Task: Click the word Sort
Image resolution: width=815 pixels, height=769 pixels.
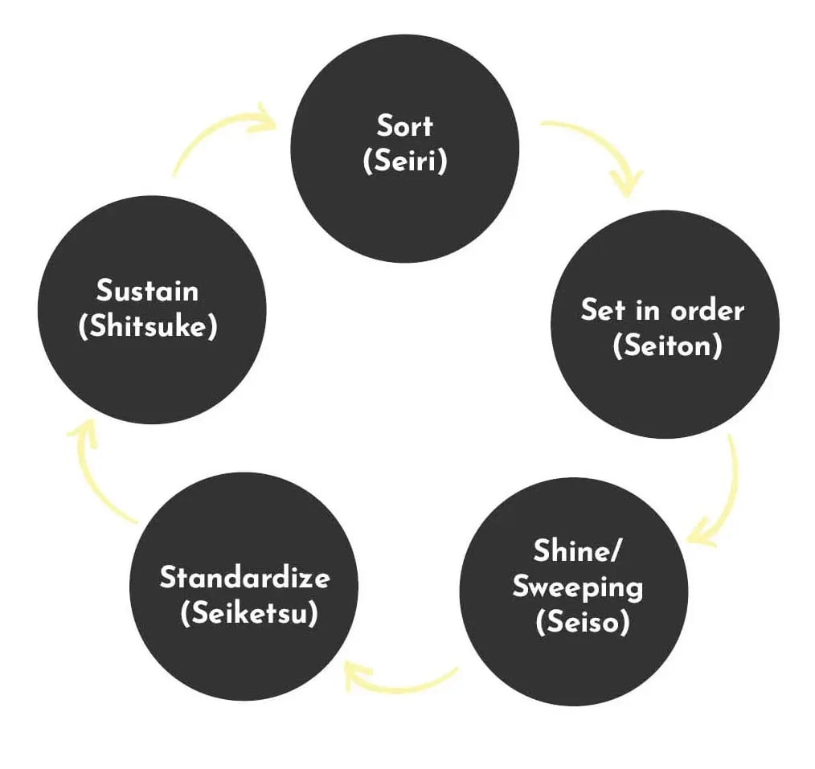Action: [404, 125]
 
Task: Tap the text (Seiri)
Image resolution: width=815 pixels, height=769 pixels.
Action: [405, 160]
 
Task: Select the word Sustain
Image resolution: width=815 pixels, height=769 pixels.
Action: [147, 290]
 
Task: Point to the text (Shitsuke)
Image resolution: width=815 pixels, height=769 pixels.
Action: [148, 326]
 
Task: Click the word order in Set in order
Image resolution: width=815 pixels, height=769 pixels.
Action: [706, 311]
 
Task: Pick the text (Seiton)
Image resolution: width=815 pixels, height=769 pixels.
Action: [667, 345]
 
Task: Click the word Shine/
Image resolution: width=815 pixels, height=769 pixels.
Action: [577, 550]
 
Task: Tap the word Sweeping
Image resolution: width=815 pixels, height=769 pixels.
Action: [577, 587]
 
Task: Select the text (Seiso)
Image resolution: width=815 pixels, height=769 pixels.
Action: [582, 621]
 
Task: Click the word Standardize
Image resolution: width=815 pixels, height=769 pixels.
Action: [244, 577]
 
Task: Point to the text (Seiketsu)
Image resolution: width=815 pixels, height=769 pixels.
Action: [249, 613]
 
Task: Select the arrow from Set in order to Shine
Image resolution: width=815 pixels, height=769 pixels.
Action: [734, 493]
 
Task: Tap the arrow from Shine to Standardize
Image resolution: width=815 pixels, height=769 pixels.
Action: [400, 687]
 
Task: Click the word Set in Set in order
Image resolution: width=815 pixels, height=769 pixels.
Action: [603, 311]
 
